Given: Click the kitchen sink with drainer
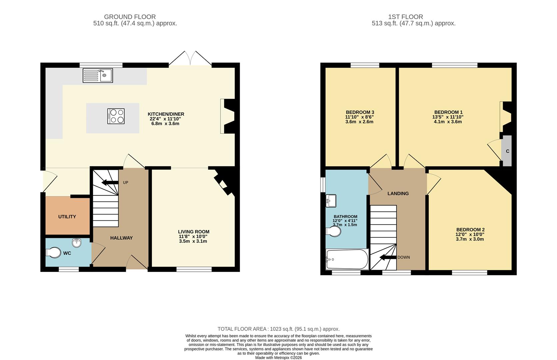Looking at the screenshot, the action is pos(98,75).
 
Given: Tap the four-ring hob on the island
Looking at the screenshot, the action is pos(116,116).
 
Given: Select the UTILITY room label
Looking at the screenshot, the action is pos(67,217).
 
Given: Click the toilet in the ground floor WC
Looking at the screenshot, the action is pos(53,253).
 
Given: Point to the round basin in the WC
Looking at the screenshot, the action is pos(77,243).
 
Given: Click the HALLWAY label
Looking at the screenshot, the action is pos(121,238).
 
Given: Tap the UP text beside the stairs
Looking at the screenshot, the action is pos(126,183).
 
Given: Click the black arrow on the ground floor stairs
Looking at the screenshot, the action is pos(110,182).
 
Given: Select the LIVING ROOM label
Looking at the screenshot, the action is pos(194,232).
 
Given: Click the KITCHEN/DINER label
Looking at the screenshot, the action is pos(166,114).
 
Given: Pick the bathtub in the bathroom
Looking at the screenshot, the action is pos(347,259).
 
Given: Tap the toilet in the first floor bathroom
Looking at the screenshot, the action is pos(333,231).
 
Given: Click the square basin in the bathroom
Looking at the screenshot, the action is pos(331,201).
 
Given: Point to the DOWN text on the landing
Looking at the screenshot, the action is pos(403,257).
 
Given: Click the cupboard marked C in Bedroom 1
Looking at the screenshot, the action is pos(507,151).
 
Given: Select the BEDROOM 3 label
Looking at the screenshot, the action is pos(360,112).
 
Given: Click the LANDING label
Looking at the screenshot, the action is pos(398,194).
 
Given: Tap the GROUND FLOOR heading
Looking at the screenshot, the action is pos(130,17).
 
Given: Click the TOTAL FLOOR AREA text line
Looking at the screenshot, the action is pos(278,329).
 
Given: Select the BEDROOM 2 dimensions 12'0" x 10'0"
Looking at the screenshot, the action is pos(470,234).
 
